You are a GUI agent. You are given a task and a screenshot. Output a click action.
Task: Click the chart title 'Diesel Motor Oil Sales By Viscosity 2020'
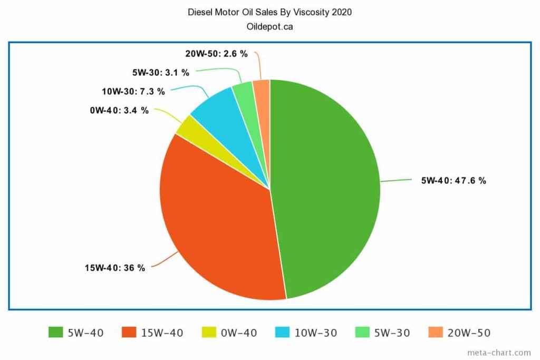(x=269, y=12)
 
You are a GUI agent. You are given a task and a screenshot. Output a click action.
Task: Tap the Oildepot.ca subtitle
(x=269, y=26)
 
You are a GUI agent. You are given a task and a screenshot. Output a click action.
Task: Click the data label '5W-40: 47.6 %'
(x=453, y=180)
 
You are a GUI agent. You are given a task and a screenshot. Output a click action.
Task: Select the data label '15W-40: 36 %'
(x=114, y=268)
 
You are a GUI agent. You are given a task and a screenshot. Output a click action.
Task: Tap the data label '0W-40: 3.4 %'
(x=119, y=111)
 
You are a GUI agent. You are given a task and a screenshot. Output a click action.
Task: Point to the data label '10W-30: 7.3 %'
(x=133, y=92)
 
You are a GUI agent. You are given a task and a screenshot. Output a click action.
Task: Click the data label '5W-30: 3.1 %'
(x=160, y=72)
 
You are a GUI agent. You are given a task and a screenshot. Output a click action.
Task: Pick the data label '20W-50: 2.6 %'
(x=216, y=54)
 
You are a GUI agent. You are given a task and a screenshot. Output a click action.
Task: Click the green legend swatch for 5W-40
(x=55, y=333)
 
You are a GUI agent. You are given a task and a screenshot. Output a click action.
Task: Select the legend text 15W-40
(x=162, y=333)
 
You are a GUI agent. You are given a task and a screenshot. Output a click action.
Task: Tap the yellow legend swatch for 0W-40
(x=208, y=333)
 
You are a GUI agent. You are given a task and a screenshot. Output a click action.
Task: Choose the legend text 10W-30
(x=315, y=333)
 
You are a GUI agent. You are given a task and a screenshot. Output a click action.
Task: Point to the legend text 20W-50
(x=469, y=333)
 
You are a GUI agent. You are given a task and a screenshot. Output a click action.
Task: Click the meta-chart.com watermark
(x=499, y=353)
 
